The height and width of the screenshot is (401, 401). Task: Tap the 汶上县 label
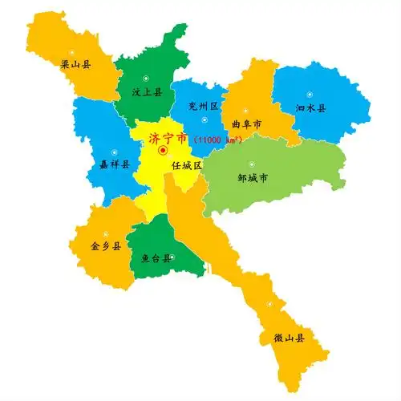point(147,92)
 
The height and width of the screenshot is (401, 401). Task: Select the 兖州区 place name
point(204,105)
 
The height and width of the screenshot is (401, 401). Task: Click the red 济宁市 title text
point(168,138)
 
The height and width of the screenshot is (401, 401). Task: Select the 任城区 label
point(186,165)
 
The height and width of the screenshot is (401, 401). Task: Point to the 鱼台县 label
point(156,258)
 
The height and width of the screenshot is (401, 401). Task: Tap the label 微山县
point(289,339)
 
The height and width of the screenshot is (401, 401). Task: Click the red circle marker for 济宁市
point(163,150)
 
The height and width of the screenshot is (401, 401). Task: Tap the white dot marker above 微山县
point(271,305)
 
